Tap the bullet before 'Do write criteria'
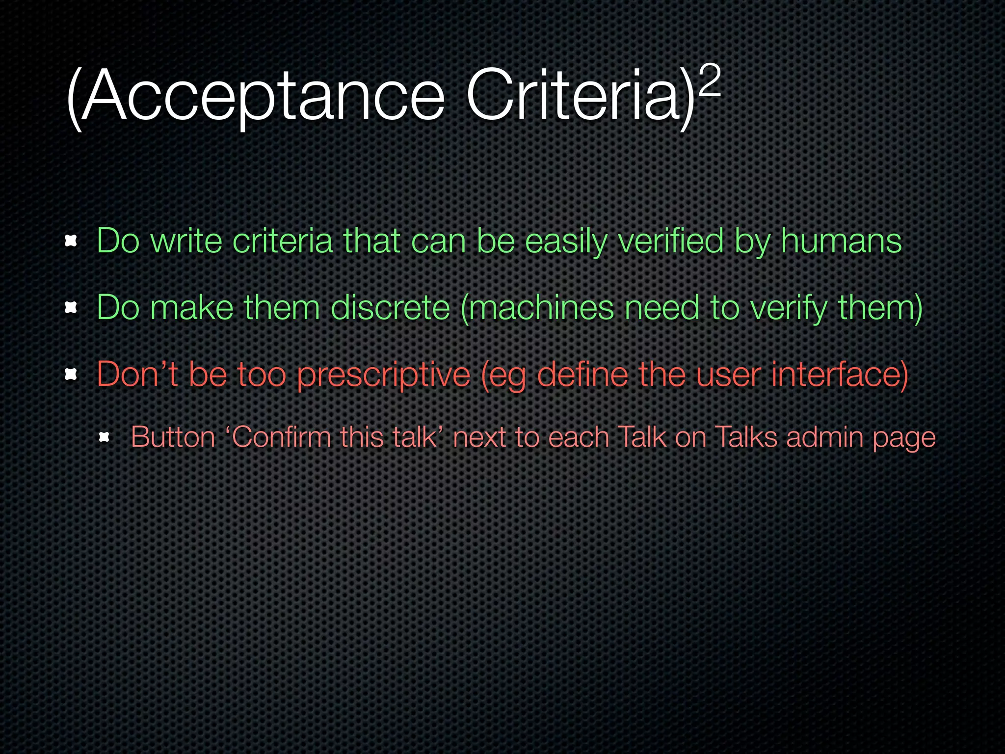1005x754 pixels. coord(71,241)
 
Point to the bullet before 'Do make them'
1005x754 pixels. coord(71,308)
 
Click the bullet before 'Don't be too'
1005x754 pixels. coord(71,375)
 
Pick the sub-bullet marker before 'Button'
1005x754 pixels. coord(104,437)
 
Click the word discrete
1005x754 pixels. coord(391,308)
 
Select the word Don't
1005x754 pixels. coord(137,375)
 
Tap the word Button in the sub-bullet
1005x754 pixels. coord(173,436)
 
